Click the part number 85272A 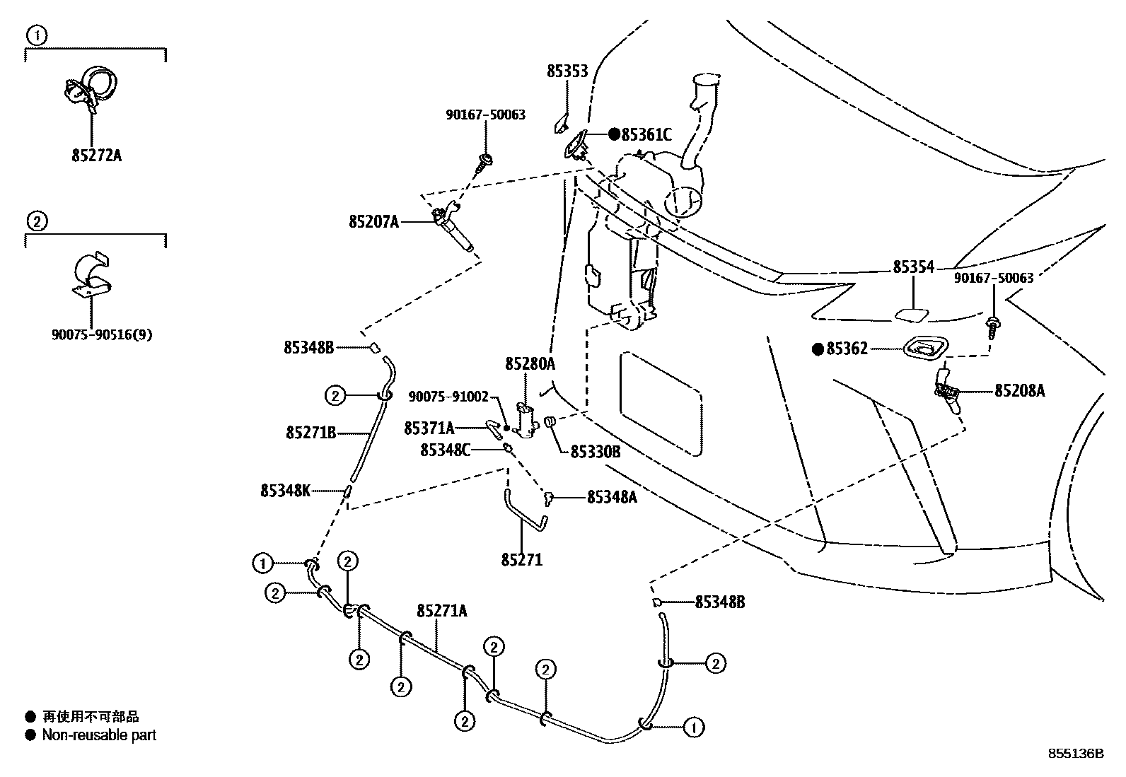pyautogui.click(x=96, y=155)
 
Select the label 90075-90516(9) pyautogui.click(x=102, y=334)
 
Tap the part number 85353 pyautogui.click(x=567, y=71)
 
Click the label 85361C pyautogui.click(x=646, y=134)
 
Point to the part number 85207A pyautogui.click(x=373, y=222)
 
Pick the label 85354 pyautogui.click(x=913, y=267)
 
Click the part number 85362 pyautogui.click(x=847, y=349)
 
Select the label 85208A pyautogui.click(x=1019, y=391)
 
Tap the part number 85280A pyautogui.click(x=530, y=364)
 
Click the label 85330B pyautogui.click(x=596, y=452)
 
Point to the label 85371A pyautogui.click(x=429, y=428)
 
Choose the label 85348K pyautogui.click(x=285, y=490)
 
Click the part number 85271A pyautogui.click(x=442, y=611)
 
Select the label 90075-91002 pyautogui.click(x=448, y=397)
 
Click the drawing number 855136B pyautogui.click(x=1076, y=754)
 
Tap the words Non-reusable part pyautogui.click(x=99, y=735)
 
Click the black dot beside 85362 pyautogui.click(x=818, y=349)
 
